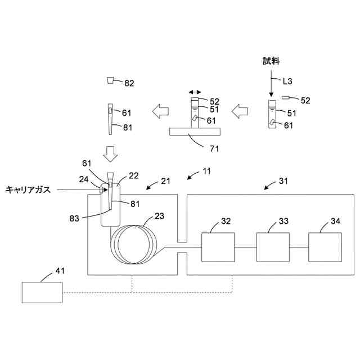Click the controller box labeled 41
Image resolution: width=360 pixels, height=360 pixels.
(42, 292)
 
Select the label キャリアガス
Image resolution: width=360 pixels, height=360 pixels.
(28, 190)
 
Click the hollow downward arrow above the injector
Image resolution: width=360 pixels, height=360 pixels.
(110, 151)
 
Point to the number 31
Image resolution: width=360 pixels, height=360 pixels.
(285, 182)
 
